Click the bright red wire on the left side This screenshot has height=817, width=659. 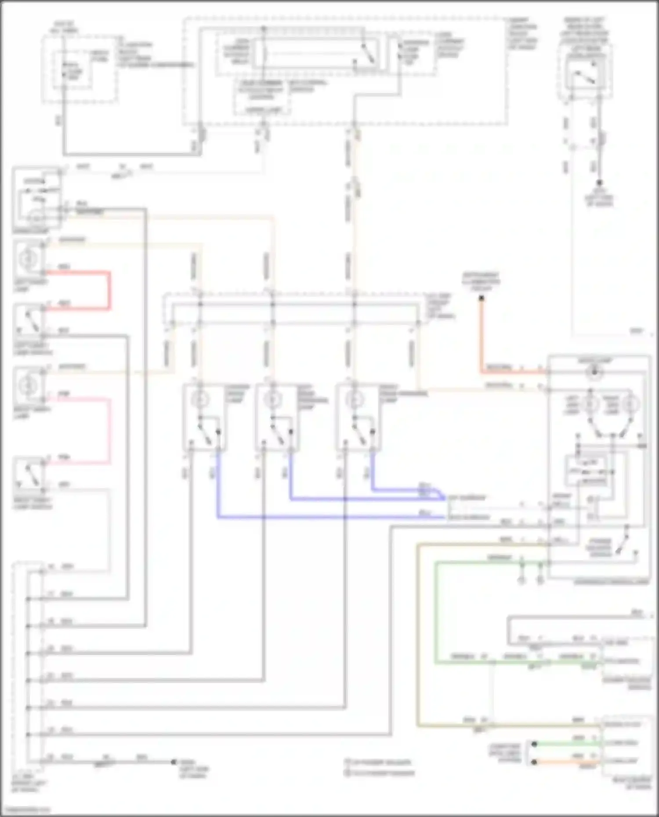(x=109, y=290)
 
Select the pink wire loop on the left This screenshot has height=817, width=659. (x=109, y=430)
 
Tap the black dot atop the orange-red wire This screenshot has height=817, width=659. (x=482, y=299)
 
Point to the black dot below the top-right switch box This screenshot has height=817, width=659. (x=599, y=183)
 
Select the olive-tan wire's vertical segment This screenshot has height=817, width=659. (x=417, y=637)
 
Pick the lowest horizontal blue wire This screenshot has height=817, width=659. (x=329, y=518)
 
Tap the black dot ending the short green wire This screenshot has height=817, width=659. (x=534, y=744)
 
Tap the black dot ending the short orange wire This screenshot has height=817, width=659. (x=534, y=762)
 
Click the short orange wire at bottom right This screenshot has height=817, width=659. (x=567, y=762)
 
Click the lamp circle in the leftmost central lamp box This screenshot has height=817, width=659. (x=200, y=400)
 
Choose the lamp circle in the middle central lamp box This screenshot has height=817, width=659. (x=272, y=400)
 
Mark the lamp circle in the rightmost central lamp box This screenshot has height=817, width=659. (x=354, y=400)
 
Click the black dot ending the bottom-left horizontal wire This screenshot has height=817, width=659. (x=174, y=762)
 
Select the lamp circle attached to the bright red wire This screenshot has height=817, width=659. (x=28, y=259)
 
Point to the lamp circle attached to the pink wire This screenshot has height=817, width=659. (x=28, y=385)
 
